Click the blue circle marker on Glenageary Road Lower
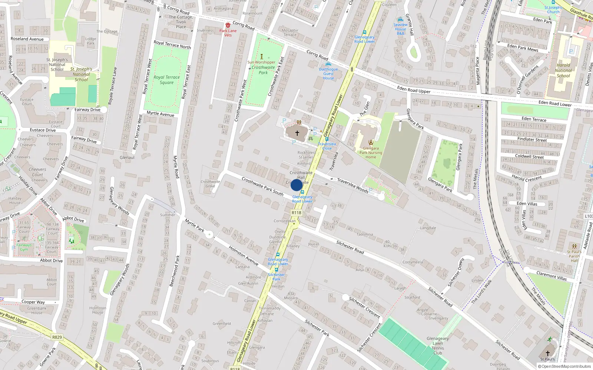pos(296,185)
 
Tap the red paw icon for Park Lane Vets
pos(228,25)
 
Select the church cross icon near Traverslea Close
pos(297,133)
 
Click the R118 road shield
pos(296,213)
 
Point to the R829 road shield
pos(57,337)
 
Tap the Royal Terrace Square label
pos(166,80)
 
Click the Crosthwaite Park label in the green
pos(263,70)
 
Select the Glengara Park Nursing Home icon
pos(371,142)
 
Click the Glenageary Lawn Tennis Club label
pos(437,346)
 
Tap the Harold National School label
pos(563,70)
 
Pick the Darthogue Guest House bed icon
pos(328,64)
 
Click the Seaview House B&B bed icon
pos(400,20)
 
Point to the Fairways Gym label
pos(24,247)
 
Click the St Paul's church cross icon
pos(547,353)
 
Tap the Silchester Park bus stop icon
pos(276,270)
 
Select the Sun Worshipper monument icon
pos(261,57)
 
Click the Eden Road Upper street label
pos(414,90)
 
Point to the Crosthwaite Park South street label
pos(262,186)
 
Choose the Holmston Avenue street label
pos(243,255)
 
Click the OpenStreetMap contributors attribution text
pos(564,366)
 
